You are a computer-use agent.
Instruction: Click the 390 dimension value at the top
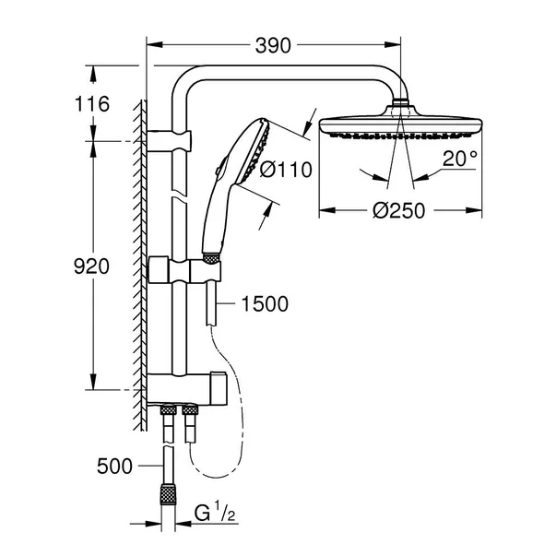pyautogui.click(x=274, y=45)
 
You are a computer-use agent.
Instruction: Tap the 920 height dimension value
pyautogui.click(x=91, y=266)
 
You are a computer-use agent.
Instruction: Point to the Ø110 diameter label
pyautogui.click(x=286, y=169)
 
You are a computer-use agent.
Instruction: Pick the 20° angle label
pyautogui.click(x=459, y=159)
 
